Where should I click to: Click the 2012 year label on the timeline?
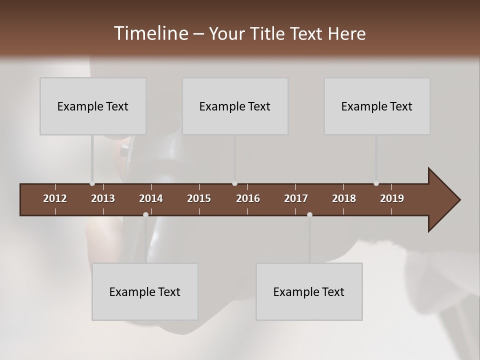point(55,198)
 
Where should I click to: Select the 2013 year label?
point(103,198)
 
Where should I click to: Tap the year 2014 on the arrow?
point(151,198)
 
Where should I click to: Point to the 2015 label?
point(199,198)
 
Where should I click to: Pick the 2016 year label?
point(248,198)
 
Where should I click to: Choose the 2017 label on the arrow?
point(296,198)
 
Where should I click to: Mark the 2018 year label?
point(344,198)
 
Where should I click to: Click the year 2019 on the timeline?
point(392,198)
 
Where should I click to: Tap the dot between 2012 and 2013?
point(92,183)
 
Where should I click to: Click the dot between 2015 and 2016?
point(234,183)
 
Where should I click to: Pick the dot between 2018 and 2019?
point(376,183)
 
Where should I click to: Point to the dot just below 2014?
point(145,214)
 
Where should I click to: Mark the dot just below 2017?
point(309,214)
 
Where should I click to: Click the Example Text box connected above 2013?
point(93,106)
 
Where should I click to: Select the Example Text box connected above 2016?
point(235,106)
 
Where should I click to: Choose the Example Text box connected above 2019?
point(377,106)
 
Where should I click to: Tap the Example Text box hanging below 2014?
point(145,291)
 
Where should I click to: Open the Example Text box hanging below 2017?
point(309,291)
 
